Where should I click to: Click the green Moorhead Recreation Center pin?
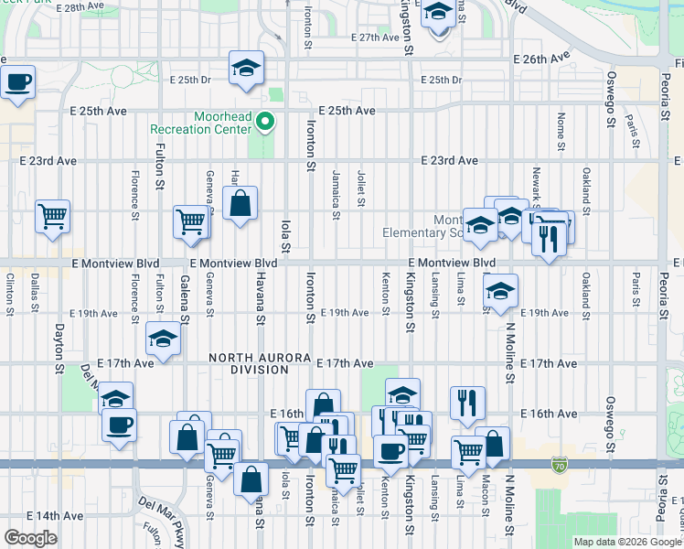pos(265,121)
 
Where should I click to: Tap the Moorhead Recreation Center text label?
pos(222,124)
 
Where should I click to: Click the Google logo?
pos(30,538)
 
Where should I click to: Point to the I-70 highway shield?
pos(559,466)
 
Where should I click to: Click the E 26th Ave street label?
pos(541,59)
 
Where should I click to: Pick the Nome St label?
pos(561,128)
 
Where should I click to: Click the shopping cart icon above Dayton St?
pos(53,217)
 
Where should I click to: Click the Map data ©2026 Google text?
pos(627,542)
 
